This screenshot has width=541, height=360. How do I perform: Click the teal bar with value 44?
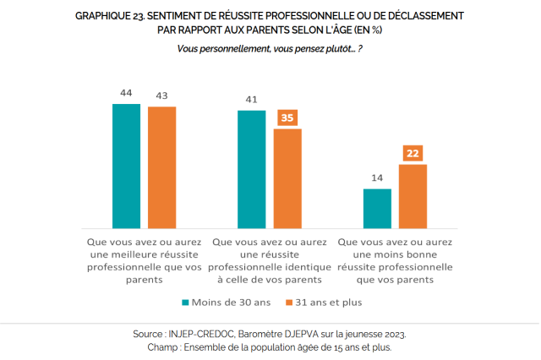coord(127,166)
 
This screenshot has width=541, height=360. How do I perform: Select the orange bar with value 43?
coord(161,167)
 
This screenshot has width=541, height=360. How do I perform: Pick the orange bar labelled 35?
coord(287,178)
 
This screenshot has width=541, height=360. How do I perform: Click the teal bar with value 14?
coord(377,208)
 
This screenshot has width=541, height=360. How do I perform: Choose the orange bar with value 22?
coord(413,196)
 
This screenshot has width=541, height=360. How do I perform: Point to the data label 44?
coord(127,92)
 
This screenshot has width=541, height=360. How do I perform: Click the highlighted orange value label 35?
coord(287,117)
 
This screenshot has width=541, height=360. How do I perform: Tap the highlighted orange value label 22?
coord(413,153)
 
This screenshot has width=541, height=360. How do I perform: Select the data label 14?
coord(377,177)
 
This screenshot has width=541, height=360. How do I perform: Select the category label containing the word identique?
coord(270,260)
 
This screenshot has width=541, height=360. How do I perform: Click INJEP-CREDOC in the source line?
coord(212,334)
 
